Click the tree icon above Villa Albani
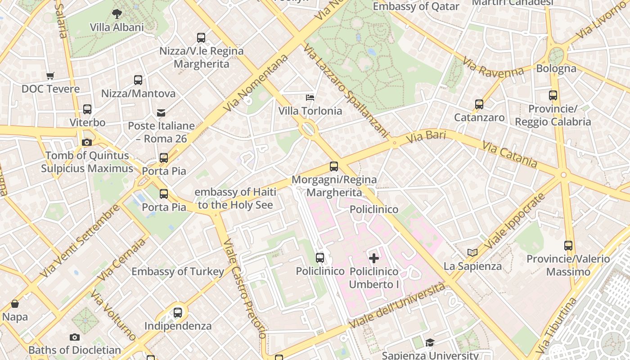click(117, 14)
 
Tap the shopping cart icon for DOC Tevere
click(50, 76)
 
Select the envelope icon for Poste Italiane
click(161, 112)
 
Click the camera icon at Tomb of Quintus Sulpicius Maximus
click(87, 143)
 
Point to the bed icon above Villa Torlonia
click(310, 97)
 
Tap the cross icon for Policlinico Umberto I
click(374, 258)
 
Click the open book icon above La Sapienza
click(472, 253)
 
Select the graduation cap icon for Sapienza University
click(430, 343)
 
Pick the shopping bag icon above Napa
click(15, 304)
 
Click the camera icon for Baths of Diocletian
click(75, 337)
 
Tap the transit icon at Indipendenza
click(178, 312)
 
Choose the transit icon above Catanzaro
click(479, 104)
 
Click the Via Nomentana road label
click(256, 83)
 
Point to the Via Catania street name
click(509, 154)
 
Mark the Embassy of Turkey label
click(178, 272)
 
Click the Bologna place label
click(556, 68)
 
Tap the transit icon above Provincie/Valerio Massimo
click(568, 246)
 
